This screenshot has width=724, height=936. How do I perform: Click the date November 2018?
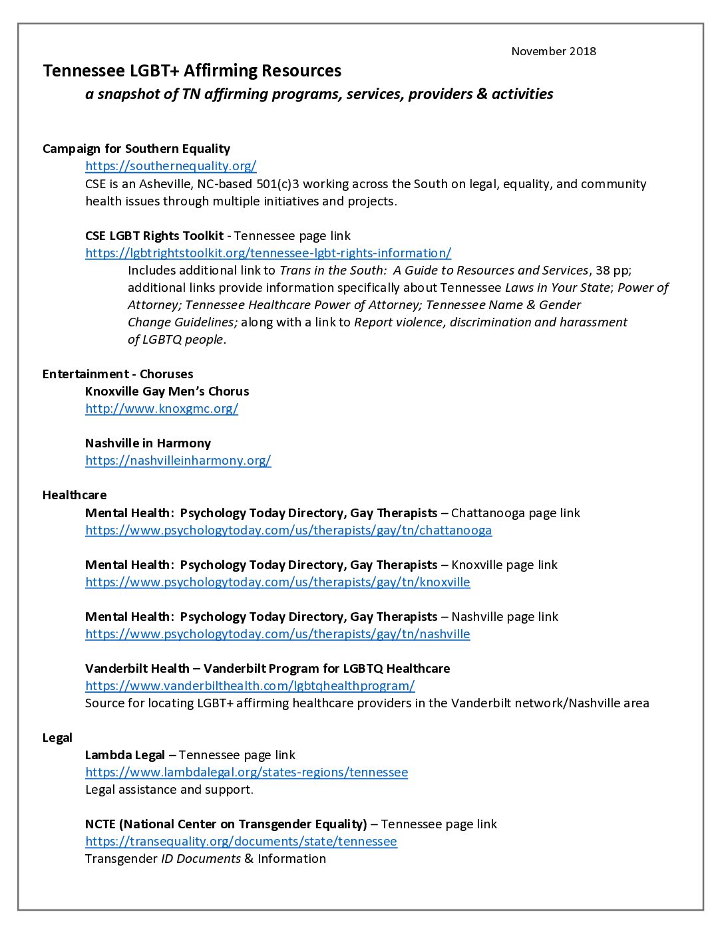[554, 51]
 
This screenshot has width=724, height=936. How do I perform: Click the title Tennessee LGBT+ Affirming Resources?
[192, 71]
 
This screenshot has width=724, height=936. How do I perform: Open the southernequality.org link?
[170, 166]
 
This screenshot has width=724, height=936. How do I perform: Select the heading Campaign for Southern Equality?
[136, 149]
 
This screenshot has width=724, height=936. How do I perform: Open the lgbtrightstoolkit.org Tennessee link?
[268, 253]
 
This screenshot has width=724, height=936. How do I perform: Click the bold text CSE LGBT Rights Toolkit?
[154, 236]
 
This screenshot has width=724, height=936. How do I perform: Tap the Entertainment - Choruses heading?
[118, 374]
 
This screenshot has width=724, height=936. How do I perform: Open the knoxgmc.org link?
[162, 409]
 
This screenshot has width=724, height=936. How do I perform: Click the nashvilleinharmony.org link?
[178, 461]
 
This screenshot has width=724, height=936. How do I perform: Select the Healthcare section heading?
[75, 495]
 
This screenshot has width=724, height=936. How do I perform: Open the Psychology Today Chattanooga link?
[288, 530]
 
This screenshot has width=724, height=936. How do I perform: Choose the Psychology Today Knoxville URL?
[277, 582]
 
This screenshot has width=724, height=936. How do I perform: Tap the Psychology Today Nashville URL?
[277, 634]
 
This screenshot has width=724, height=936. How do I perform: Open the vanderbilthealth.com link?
[250, 686]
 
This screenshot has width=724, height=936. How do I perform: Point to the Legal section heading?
[57, 738]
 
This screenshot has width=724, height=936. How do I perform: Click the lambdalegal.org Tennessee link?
[246, 772]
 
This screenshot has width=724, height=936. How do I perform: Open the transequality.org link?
[241, 842]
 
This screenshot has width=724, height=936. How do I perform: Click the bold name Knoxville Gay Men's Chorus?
[167, 392]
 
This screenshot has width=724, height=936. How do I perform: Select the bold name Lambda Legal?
[125, 755]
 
